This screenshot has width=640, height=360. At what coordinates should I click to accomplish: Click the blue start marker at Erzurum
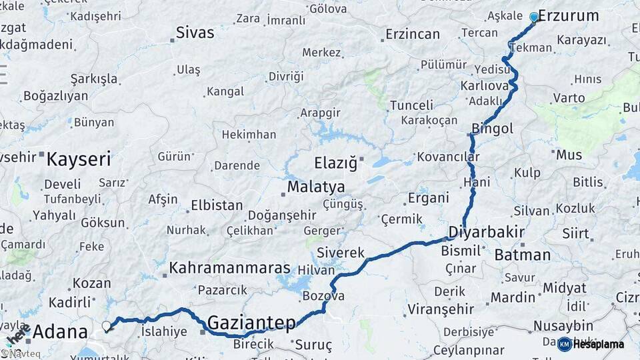click(x=533, y=17)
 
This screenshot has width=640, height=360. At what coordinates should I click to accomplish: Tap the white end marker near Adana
click(x=106, y=326)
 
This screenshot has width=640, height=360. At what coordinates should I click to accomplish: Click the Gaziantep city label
click(x=251, y=323)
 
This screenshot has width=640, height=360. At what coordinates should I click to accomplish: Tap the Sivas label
click(x=195, y=33)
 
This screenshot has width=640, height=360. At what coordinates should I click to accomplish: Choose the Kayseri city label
click(x=79, y=159)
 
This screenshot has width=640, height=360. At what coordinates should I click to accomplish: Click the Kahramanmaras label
click(x=230, y=268)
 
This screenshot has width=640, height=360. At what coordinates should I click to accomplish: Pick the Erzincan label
click(x=413, y=34)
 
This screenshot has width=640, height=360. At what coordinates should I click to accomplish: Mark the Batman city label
click(x=523, y=255)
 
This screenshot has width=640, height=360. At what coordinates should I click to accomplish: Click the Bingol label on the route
click(x=492, y=128)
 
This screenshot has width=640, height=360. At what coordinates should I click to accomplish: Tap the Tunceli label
click(x=411, y=105)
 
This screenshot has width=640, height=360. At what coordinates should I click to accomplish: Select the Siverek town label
click(x=341, y=253)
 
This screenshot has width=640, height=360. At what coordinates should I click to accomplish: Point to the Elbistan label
click(x=217, y=205)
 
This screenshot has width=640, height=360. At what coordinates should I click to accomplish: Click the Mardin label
click(x=513, y=297)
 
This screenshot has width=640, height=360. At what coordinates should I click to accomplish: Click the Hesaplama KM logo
click(x=591, y=344)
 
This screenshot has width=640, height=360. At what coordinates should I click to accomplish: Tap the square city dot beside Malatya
click(x=283, y=194)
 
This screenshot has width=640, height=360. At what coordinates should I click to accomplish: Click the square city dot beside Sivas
click(x=172, y=41)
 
